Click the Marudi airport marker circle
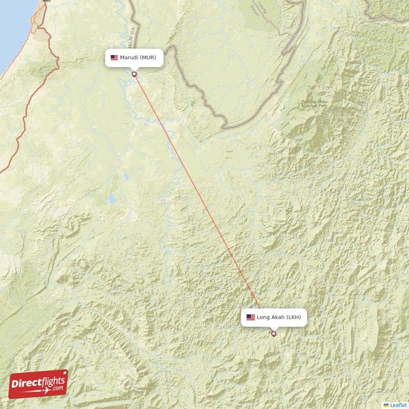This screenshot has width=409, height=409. [134, 74]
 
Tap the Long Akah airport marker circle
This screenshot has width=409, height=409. [274, 334]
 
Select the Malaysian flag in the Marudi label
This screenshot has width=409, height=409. [114, 58]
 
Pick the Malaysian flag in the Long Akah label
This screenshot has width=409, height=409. [251, 317]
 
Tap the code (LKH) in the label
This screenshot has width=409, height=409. [294, 317]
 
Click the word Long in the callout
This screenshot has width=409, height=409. [263, 317]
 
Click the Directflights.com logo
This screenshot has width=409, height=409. [38, 384]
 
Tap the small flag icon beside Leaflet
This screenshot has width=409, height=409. [386, 405]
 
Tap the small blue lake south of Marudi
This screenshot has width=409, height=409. [111, 198]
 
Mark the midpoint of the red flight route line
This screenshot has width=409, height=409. [204, 204]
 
